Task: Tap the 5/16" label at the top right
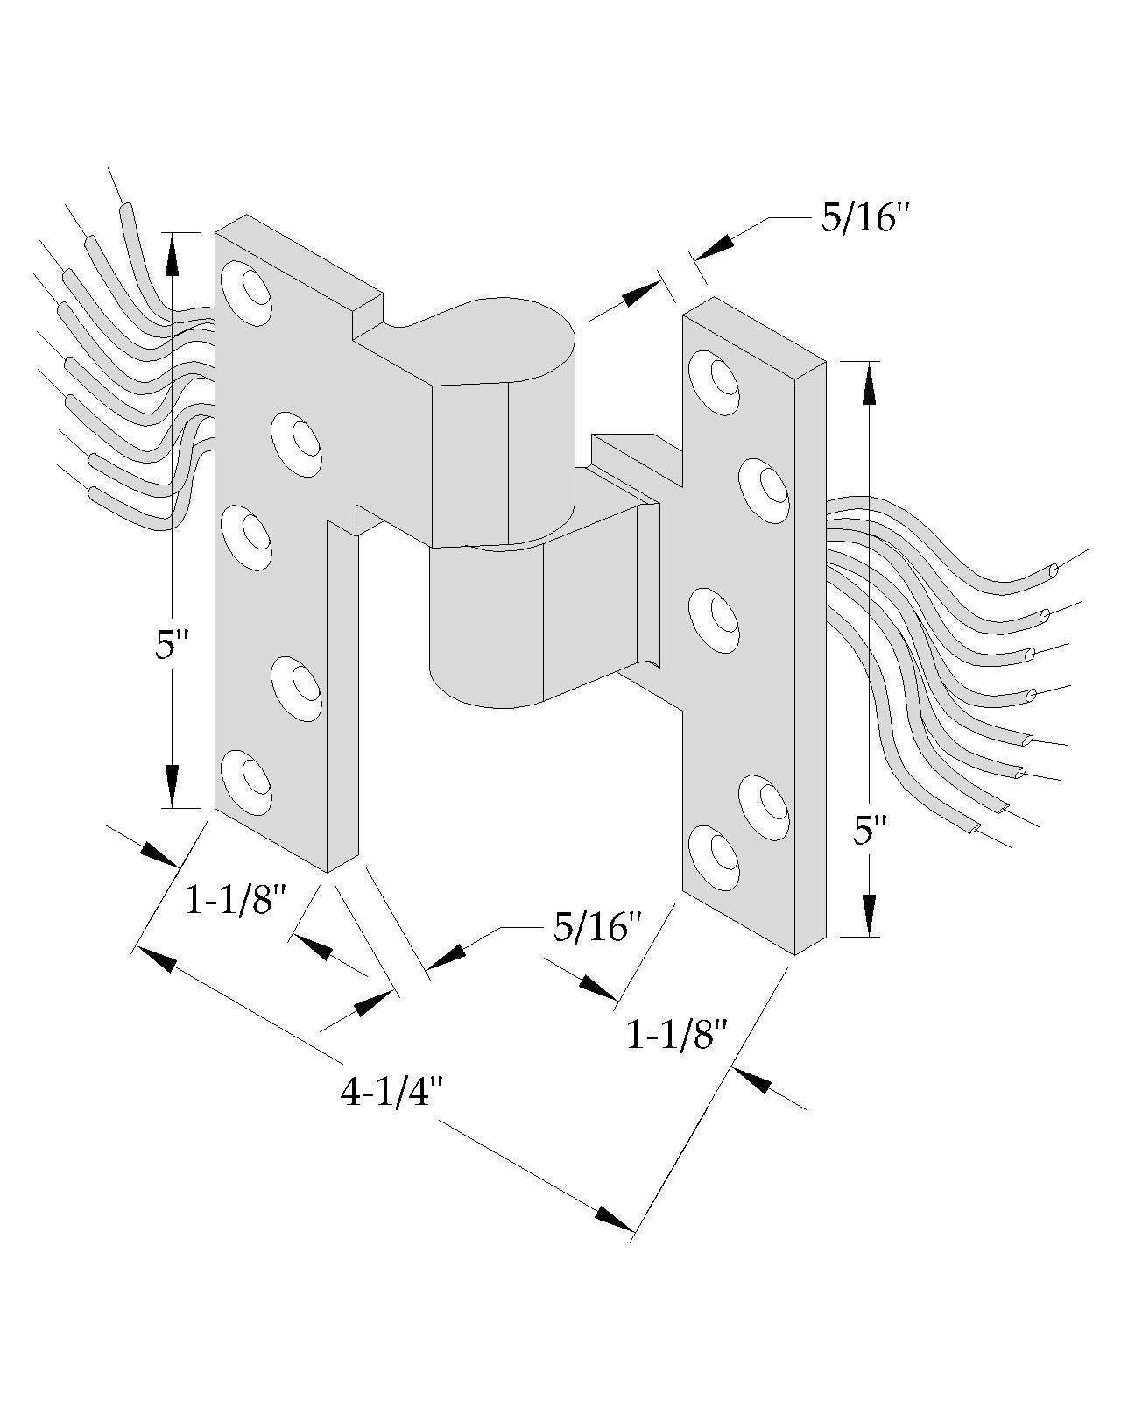[861, 219]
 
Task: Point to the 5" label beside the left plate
[172, 648]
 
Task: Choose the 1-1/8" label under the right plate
[676, 1036]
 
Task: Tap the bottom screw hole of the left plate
[246, 775]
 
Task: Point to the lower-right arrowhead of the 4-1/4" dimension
[613, 1220]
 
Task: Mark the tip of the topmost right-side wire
[1053, 570]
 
